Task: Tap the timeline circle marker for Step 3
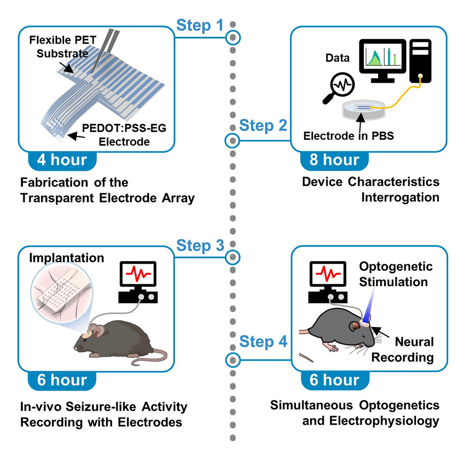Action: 233,257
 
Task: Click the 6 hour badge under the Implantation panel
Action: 62,380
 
